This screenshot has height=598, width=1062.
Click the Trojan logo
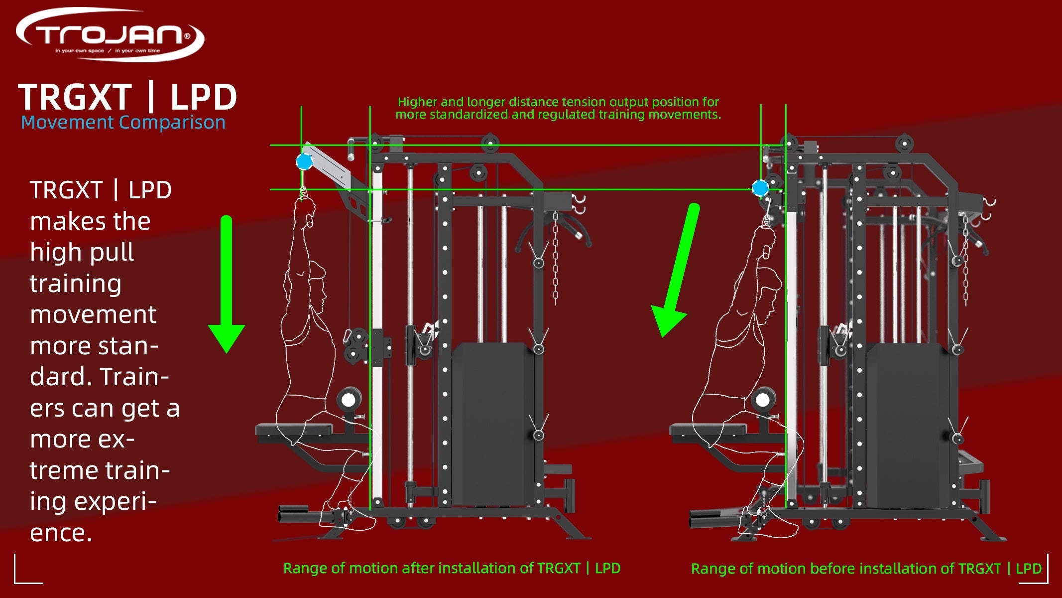coord(110,35)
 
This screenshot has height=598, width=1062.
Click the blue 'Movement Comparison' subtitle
coord(123,123)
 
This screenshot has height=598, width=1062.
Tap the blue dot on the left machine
coord(304,161)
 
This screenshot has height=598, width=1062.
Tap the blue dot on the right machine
coord(760,188)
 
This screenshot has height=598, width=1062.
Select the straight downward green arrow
coord(227,284)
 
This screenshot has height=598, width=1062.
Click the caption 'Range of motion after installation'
coord(452,568)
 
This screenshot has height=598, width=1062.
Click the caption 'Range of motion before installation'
coord(866,569)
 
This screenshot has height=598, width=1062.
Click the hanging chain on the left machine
coord(556,259)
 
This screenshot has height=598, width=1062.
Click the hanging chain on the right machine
coord(965,259)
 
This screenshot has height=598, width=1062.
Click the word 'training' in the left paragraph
coord(76,284)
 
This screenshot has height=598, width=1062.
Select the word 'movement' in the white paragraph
coord(93,315)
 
